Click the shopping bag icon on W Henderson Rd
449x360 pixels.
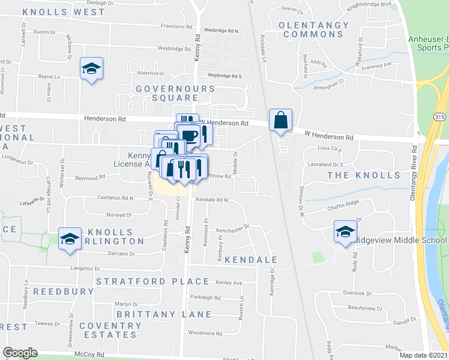[280, 120]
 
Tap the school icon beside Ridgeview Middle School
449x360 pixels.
[345, 233]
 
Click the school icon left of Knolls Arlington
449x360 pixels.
[70, 238]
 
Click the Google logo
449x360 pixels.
[20, 353]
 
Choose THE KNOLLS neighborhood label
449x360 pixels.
[363, 175]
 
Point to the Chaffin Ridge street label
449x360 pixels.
[343, 203]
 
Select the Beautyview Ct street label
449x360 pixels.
[365, 308]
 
